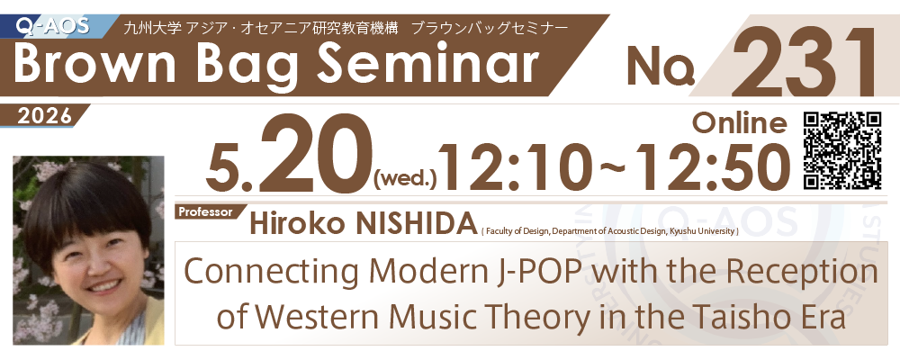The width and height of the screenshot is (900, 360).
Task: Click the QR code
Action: point(842,150)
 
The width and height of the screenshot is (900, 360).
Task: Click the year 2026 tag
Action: point(44,117)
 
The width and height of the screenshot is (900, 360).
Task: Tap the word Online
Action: point(740,122)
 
